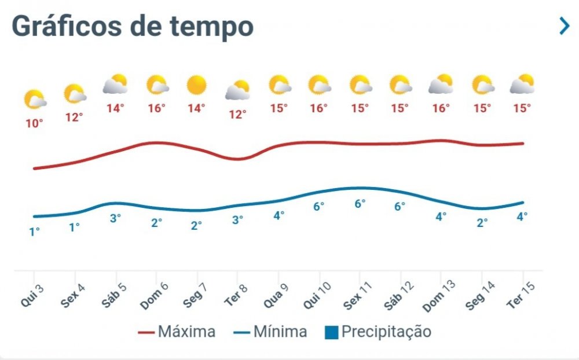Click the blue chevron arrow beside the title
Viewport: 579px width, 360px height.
tap(564, 25)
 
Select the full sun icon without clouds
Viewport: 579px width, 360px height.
tap(197, 86)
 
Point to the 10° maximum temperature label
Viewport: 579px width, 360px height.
tap(34, 123)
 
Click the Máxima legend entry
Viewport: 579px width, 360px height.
tap(177, 332)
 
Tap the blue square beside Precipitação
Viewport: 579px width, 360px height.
tap(331, 332)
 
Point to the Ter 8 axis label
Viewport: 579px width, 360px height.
tap(235, 296)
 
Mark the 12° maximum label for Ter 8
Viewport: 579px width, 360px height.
tap(237, 115)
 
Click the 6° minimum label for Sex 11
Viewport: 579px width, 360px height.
tap(360, 203)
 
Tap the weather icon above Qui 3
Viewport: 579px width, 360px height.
tap(35, 100)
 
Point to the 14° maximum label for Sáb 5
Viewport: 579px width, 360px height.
tap(115, 108)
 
